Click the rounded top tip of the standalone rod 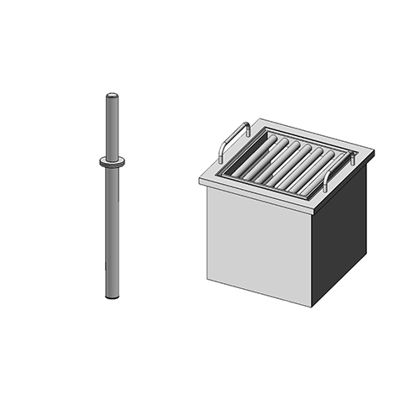pos(111,95)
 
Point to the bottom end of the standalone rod pos(112,297)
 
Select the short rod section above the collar pos(111,126)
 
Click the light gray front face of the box pos(260,239)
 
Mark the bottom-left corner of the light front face pos(210,275)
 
